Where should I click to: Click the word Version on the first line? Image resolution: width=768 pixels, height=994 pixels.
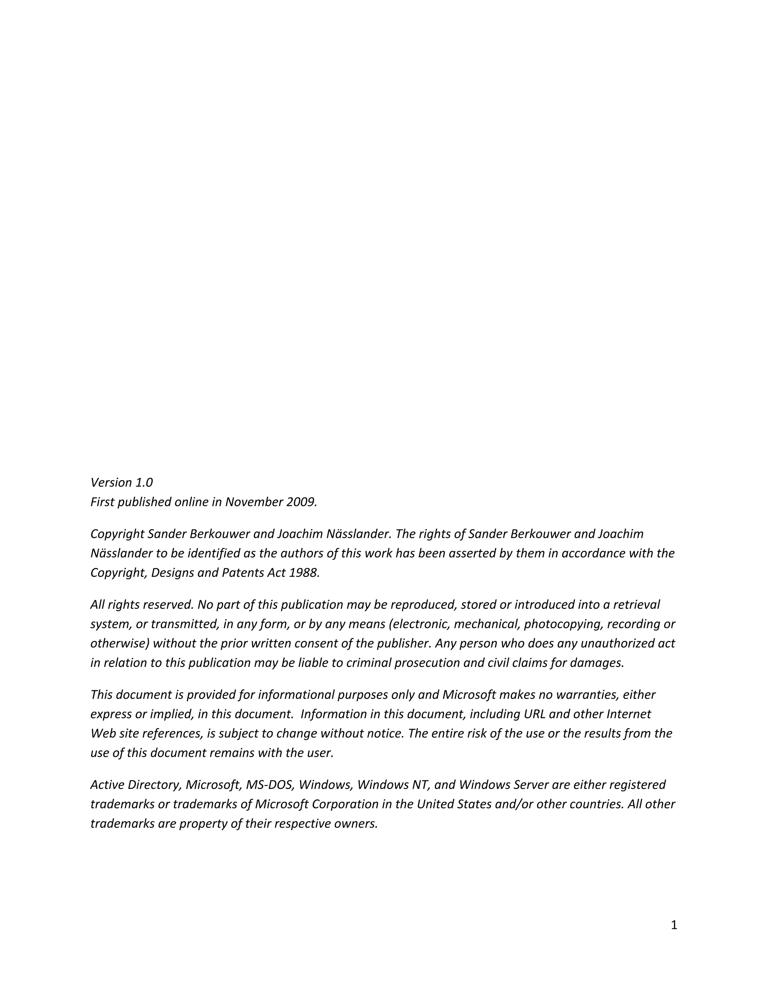coord(111,482)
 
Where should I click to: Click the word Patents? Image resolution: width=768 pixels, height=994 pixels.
coord(243,572)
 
